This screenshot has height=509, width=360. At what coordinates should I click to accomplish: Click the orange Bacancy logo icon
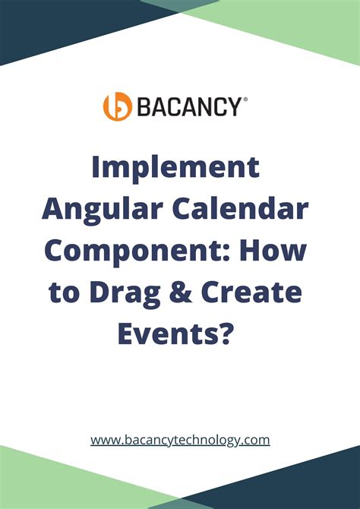[118, 106]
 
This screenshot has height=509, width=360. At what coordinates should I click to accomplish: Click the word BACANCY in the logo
[188, 107]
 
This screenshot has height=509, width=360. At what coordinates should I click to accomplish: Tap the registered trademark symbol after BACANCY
[245, 99]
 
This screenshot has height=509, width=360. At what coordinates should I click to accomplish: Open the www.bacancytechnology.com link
[180, 439]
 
